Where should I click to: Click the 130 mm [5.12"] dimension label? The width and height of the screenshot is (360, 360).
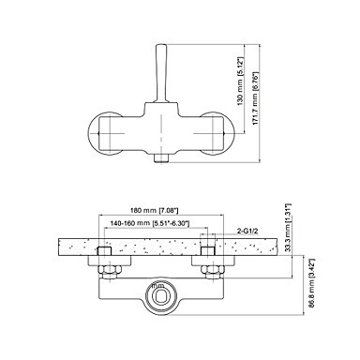click(240, 82)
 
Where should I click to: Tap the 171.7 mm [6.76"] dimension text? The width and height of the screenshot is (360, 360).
click(255, 99)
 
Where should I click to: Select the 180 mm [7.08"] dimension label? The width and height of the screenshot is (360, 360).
click(155, 210)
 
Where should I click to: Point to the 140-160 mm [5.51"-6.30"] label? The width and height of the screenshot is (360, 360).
click(150, 223)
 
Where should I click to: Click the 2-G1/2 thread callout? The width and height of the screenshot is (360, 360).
click(247, 232)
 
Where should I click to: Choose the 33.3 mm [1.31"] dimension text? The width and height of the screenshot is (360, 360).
click(289, 227)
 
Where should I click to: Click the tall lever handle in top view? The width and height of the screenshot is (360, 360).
click(162, 73)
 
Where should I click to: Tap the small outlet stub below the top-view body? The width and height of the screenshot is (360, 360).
click(162, 158)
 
